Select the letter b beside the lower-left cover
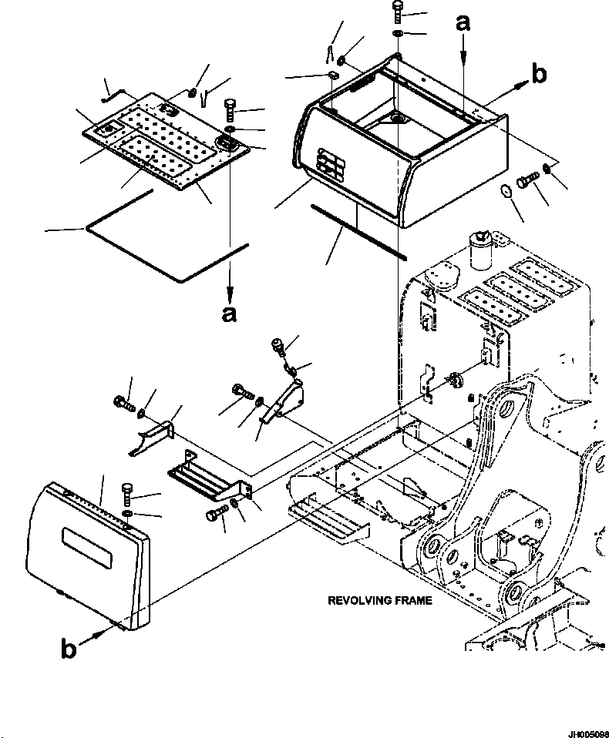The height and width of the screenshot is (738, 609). (x=69, y=649)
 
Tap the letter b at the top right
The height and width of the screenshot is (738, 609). (x=539, y=73)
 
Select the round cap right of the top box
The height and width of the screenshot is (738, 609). (x=506, y=191)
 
